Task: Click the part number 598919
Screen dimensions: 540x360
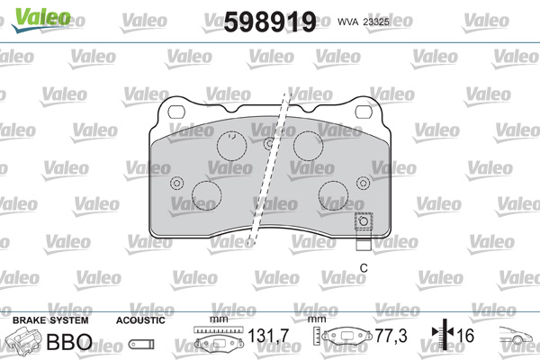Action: (270, 22)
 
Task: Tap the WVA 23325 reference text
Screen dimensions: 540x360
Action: (364, 22)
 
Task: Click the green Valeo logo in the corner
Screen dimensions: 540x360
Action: (41, 20)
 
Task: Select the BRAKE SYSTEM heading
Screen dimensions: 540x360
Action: (50, 320)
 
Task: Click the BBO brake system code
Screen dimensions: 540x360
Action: (69, 342)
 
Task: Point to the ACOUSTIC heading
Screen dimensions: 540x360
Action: (140, 320)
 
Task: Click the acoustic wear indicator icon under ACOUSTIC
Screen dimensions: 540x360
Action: (141, 344)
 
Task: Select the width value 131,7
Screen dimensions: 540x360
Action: (268, 336)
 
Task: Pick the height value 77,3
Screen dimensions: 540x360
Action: (391, 336)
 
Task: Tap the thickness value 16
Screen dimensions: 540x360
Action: (465, 336)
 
